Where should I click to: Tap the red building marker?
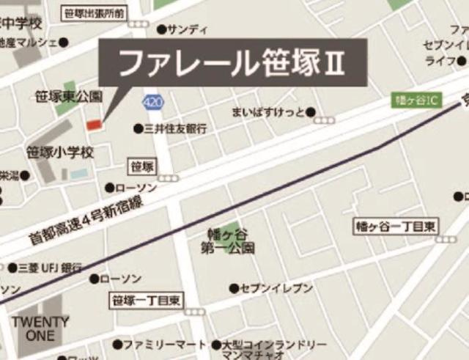(x=94, y=125)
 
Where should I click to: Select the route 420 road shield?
(x=152, y=103)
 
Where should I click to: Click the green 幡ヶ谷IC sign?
(x=414, y=100)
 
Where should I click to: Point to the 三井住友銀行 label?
(x=176, y=128)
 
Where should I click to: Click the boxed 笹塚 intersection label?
(x=141, y=166)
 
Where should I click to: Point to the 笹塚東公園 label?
(x=70, y=96)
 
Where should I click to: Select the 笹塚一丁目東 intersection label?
(x=147, y=299)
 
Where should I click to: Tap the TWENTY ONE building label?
(x=40, y=328)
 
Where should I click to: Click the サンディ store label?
(x=188, y=29)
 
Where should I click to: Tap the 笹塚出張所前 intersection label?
(x=95, y=12)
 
